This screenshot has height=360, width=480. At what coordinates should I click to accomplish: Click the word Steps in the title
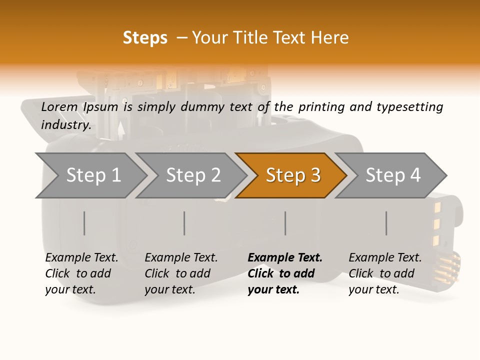pyautogui.click(x=145, y=37)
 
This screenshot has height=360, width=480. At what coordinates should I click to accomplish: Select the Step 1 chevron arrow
pyautogui.click(x=93, y=175)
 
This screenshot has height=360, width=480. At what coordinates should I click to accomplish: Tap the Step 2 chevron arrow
pyautogui.click(x=193, y=175)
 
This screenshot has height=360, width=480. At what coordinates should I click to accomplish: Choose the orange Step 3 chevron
pyautogui.click(x=292, y=175)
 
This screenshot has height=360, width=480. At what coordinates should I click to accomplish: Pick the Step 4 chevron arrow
pyautogui.click(x=392, y=175)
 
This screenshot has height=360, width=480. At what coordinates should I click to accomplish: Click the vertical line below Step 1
pyautogui.click(x=84, y=223)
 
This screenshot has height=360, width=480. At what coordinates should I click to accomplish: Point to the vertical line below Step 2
pyautogui.click(x=184, y=223)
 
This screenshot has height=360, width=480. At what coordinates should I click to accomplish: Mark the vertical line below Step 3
pyautogui.click(x=285, y=223)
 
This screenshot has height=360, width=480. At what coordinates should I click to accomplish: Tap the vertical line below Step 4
pyautogui.click(x=386, y=223)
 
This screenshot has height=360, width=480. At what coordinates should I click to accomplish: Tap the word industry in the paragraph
pyautogui.click(x=65, y=124)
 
